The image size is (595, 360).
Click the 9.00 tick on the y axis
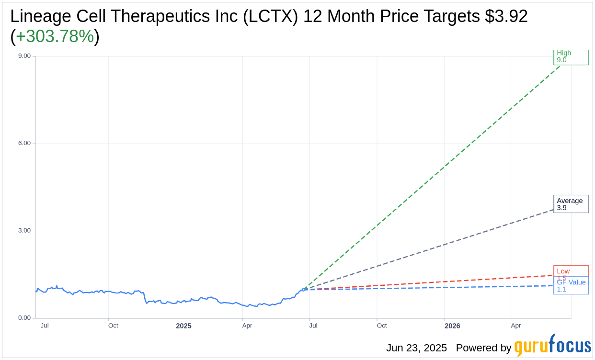24,56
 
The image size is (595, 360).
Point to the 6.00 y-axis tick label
24,143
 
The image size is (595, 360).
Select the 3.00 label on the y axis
24,230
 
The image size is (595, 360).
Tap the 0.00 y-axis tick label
24,318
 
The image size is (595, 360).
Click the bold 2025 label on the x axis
183,326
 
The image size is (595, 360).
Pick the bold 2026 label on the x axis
452,326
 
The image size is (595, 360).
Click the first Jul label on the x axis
45,326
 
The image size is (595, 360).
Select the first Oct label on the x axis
113,326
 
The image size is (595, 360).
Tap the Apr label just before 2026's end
516,326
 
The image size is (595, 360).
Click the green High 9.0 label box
571,57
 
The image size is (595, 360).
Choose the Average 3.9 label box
571,204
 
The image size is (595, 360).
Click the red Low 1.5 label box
571,271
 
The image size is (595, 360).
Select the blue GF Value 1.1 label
571,286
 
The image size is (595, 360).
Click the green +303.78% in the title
55,36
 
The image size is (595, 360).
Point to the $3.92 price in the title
506,16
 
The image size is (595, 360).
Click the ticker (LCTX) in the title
270,16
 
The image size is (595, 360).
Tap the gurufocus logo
552,346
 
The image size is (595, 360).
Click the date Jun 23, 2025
416,348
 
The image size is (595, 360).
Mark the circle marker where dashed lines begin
303,290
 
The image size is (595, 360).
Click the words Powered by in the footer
483,348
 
